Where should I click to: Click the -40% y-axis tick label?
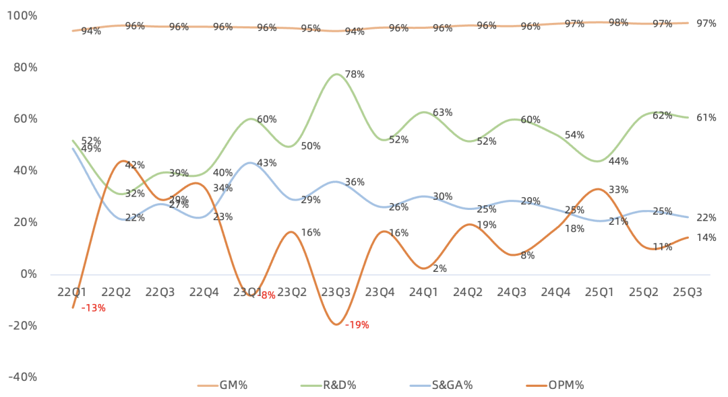pos(23,377)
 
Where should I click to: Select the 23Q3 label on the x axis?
pos(335,292)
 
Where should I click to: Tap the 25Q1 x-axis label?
pos(599,292)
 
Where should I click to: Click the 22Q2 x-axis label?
pos(116,292)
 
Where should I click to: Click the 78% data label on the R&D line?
pos(355,75)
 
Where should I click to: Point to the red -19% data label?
pos(357,326)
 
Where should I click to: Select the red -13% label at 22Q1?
pos(93,308)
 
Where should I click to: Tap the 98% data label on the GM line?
pos(619,23)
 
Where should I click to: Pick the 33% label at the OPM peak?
pos(619,190)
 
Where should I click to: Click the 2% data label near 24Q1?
pos(440,268)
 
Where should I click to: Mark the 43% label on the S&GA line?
pos(267,163)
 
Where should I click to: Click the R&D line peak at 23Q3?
pos(336,74)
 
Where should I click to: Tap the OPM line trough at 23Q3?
pos(336,324)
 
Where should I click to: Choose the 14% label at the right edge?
pos(706,238)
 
